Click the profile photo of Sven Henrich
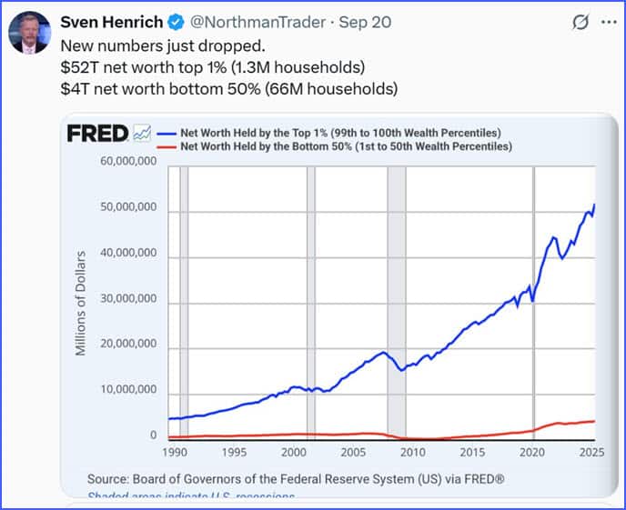28,32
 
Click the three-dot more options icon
608,22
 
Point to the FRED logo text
96,134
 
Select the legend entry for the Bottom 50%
346,145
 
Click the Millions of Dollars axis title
81,302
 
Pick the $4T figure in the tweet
73,88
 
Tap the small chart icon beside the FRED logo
141,134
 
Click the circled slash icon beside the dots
580,22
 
